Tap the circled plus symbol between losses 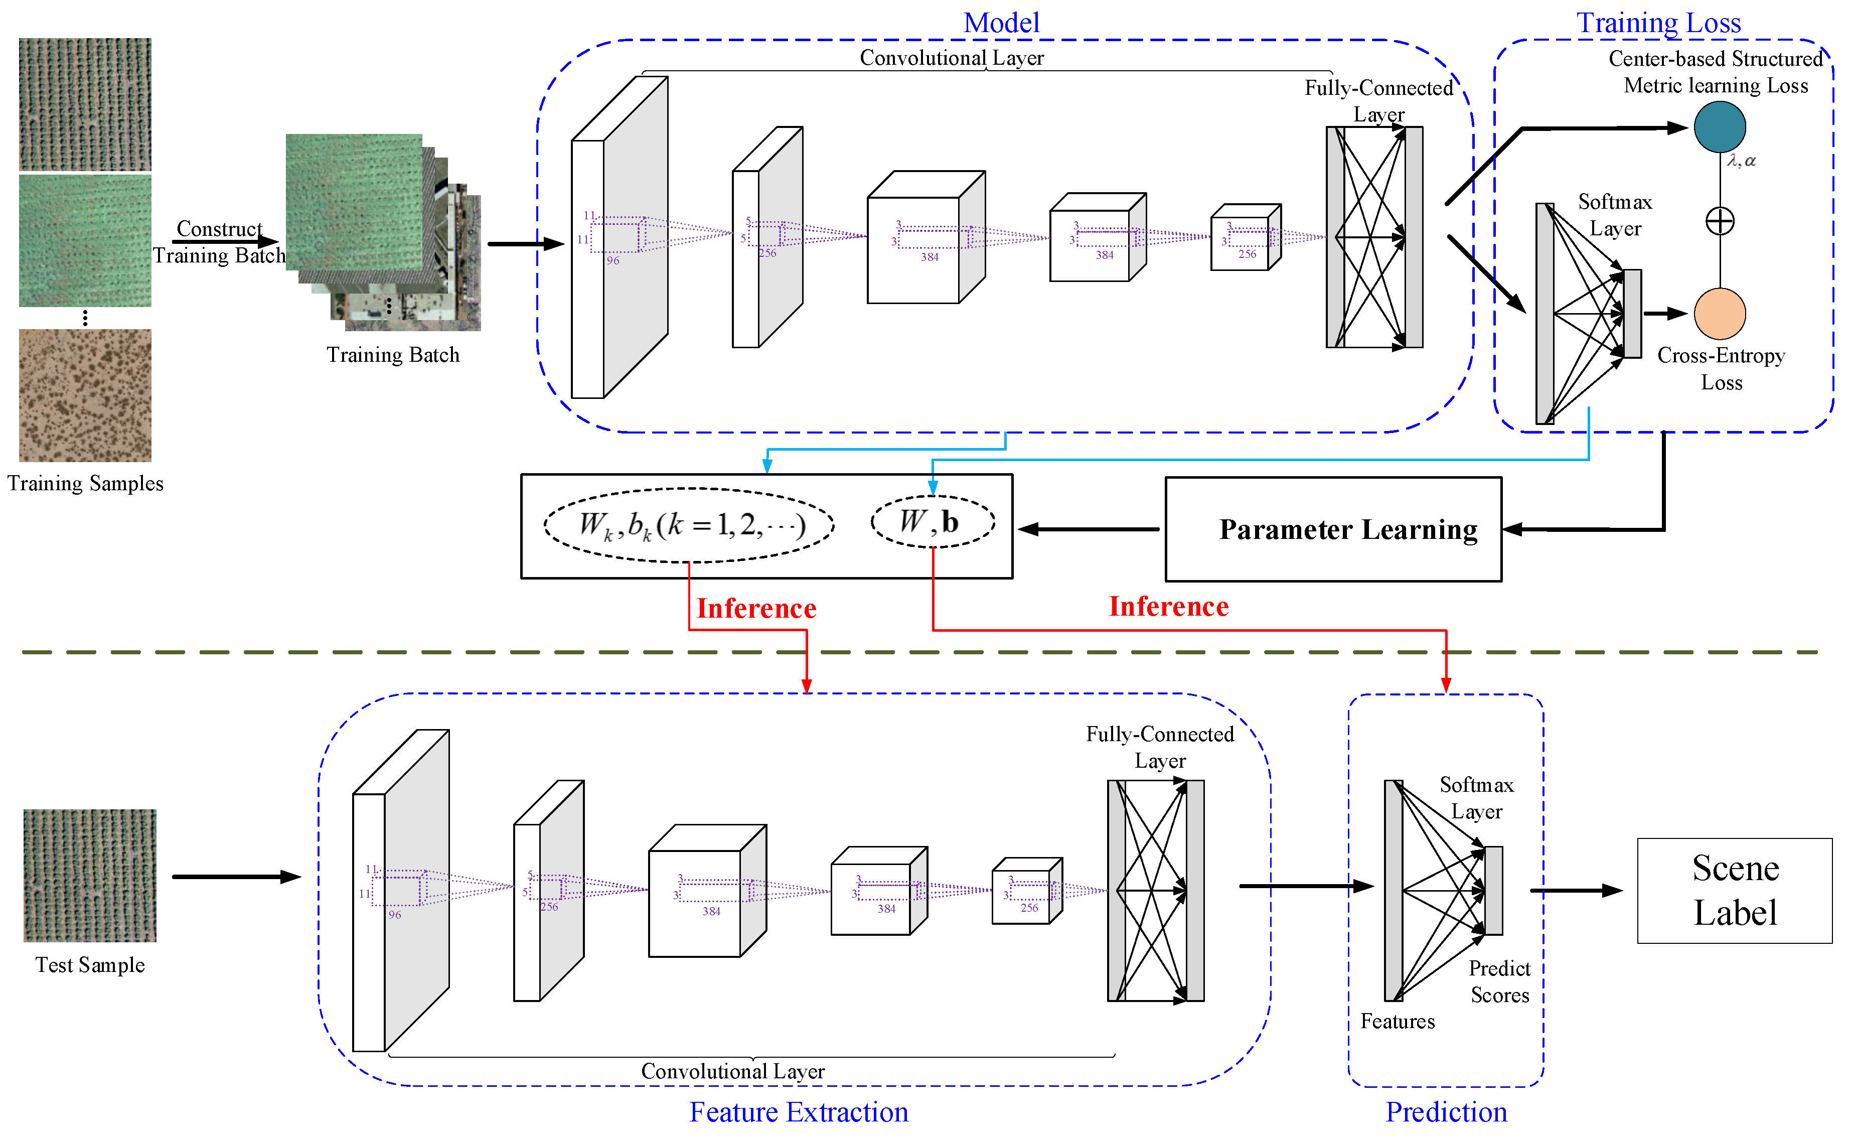click(x=1720, y=221)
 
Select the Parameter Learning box click(x=1333, y=529)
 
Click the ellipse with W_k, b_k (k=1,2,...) click(x=689, y=524)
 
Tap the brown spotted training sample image click(x=85, y=395)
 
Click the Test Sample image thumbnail click(x=89, y=875)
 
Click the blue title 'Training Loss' click(x=1658, y=23)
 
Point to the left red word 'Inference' click(x=756, y=608)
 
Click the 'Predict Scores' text click(x=1499, y=981)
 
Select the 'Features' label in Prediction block click(x=1397, y=1021)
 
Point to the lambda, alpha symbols click(x=1741, y=161)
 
